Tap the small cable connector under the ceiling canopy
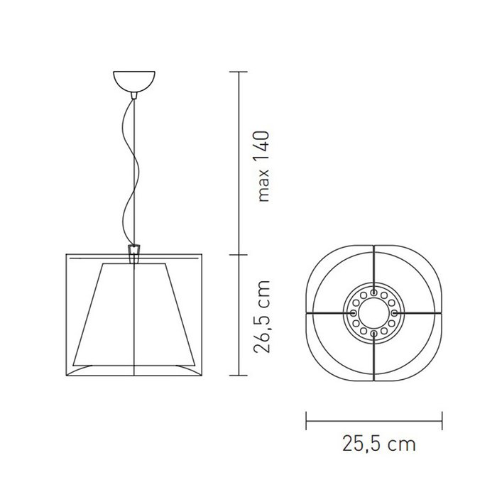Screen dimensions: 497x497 click(x=134, y=95)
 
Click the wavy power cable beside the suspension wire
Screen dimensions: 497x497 click(x=130, y=171)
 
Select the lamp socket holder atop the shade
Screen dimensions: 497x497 click(x=134, y=254)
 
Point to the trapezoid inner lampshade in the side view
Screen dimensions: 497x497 click(x=133, y=314)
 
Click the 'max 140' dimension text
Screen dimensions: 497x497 click(x=263, y=165)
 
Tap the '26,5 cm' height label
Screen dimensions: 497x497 click(x=262, y=317)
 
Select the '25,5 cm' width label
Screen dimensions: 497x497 click(x=379, y=444)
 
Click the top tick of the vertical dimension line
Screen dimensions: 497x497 click(x=239, y=72)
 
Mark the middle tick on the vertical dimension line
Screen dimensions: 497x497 click(x=239, y=254)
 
